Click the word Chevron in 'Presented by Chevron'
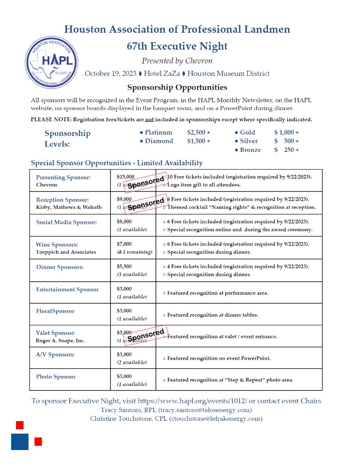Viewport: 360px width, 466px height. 199,60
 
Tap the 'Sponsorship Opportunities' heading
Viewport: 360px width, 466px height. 177,88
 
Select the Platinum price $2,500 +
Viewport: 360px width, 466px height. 199,132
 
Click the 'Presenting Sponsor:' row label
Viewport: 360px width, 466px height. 63,177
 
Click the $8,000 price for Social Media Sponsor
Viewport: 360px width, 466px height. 124,221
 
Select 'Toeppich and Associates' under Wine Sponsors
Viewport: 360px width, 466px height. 66,252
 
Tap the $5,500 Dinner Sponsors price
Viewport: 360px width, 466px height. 124,266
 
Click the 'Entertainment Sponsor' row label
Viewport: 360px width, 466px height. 67,290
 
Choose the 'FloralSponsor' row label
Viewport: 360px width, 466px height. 55,311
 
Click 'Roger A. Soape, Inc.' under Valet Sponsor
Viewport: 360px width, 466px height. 60,340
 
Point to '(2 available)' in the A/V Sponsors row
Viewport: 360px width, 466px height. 132,362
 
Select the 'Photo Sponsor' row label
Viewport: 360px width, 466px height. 56,377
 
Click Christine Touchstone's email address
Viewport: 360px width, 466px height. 215,419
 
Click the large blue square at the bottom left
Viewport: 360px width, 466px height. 20,442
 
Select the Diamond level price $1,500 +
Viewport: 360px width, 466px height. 199,141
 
